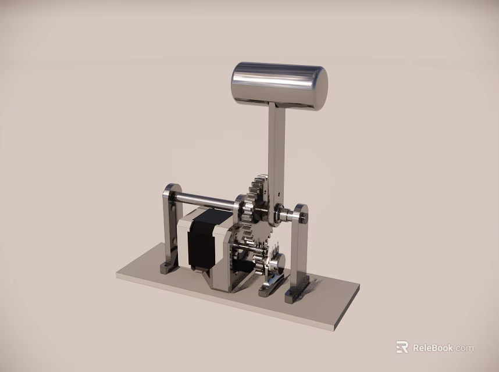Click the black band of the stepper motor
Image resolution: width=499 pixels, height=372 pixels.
coord(201,238)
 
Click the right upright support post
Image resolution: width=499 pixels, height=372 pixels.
coord(300,250)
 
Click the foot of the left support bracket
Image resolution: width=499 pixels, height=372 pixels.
coord(167,267)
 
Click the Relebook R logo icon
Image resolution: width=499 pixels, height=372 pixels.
coord(402,347)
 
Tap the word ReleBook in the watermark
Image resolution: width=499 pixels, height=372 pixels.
coord(433,348)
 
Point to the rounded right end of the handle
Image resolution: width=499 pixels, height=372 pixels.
coord(320,87)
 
